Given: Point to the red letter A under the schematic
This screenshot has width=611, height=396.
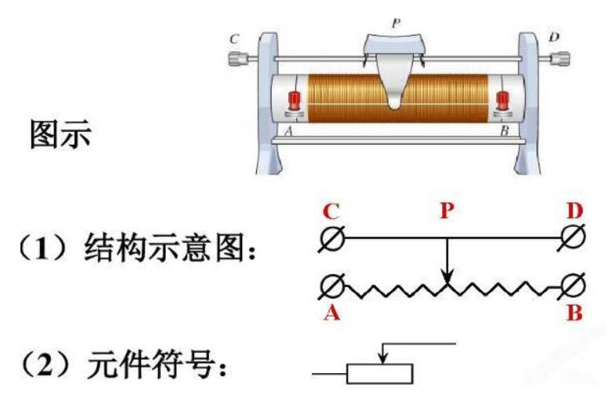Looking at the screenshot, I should point(330,313).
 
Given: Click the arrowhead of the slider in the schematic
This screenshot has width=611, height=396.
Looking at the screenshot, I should point(446,277).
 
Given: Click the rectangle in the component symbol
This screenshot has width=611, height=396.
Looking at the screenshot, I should point(380,372).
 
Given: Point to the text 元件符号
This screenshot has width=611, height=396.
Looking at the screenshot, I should point(157,365).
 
